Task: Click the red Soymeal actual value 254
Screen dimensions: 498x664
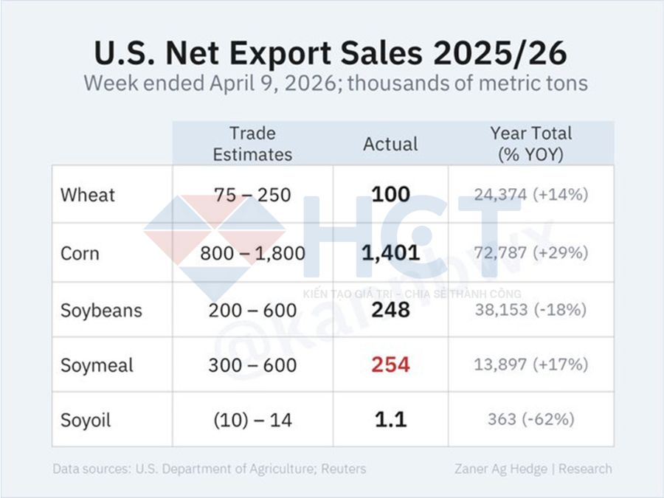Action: [390, 364]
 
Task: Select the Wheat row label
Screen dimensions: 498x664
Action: [88, 195]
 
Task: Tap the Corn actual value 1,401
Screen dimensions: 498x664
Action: [390, 253]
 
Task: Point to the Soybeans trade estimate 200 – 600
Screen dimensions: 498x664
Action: [252, 309]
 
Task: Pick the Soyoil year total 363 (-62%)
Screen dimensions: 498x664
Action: [530, 419]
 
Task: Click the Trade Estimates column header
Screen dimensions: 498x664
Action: [252, 144]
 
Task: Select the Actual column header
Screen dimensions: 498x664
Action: [390, 144]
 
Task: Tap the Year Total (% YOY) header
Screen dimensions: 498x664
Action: [530, 144]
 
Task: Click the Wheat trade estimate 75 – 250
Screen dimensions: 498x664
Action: [252, 195]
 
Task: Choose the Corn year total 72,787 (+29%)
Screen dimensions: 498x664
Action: [530, 253]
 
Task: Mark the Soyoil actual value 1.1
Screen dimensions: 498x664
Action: [390, 419]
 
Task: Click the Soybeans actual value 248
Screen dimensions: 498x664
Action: [390, 309]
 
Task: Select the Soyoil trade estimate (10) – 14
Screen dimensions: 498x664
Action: [252, 420]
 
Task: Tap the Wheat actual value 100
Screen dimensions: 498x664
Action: [390, 195]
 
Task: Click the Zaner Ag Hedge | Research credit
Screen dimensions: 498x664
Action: [533, 468]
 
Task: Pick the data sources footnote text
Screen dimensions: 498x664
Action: [209, 468]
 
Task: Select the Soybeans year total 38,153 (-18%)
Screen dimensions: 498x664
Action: [530, 309]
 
